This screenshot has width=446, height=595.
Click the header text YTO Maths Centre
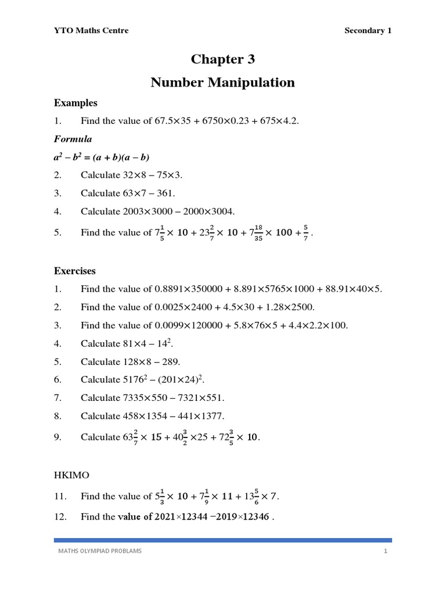point(91,31)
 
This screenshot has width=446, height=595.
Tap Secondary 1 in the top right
point(368,31)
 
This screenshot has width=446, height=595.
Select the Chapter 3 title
point(223,59)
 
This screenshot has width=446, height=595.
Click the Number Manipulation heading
point(223,83)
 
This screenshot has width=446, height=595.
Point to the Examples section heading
point(75,103)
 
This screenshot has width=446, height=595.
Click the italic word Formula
point(73,139)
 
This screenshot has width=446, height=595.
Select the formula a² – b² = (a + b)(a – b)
point(102,157)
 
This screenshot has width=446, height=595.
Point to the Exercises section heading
point(75,271)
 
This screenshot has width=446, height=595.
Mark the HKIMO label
point(71,475)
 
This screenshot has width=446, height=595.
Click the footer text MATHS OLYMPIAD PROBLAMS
point(99,551)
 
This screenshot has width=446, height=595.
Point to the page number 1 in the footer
point(385,551)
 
